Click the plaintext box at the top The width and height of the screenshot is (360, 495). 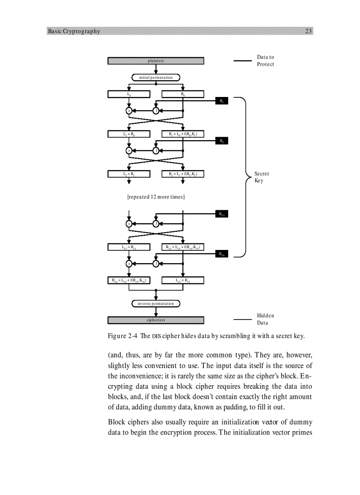(156, 61)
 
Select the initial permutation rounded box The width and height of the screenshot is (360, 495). (156, 78)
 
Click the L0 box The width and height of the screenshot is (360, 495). (129, 94)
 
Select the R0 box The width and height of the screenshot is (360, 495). (183, 94)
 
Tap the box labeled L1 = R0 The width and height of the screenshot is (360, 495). (129, 134)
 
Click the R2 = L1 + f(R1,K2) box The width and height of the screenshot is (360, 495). (183, 174)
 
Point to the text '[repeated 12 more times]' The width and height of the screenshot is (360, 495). (156, 197)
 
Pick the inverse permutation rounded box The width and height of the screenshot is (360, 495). (156, 303)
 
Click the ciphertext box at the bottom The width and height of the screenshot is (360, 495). (156, 320)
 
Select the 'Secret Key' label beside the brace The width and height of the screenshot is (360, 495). (262, 177)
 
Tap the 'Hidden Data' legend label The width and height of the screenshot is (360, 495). (265, 319)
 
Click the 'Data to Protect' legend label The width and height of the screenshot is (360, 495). (265, 61)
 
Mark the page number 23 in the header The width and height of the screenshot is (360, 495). (308, 31)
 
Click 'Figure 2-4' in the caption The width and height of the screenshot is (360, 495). (122, 336)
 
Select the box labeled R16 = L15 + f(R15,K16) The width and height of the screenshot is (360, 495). (129, 280)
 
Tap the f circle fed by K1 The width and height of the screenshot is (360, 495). (156, 111)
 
